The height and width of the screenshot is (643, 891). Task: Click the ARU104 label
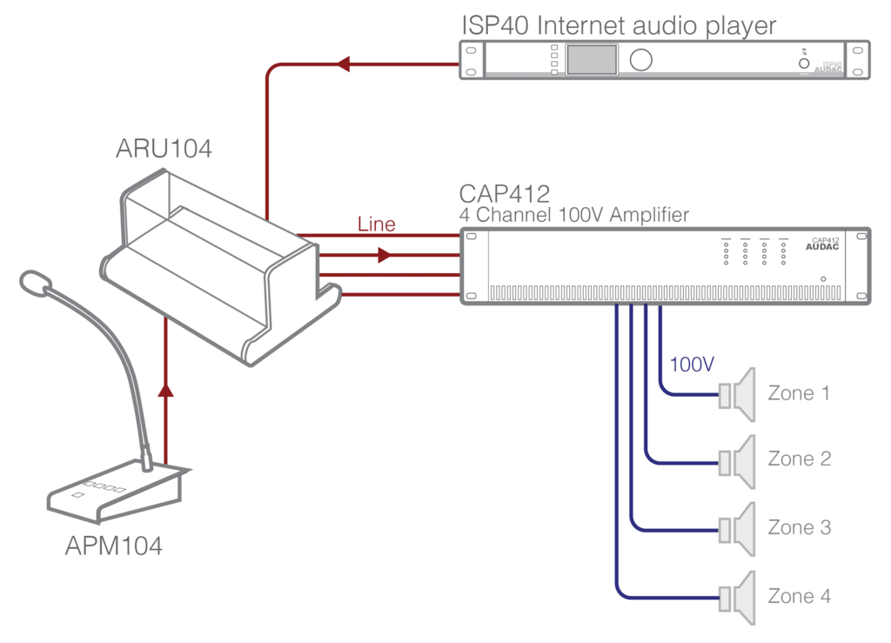(x=164, y=150)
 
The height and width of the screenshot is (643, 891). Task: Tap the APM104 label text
(x=113, y=546)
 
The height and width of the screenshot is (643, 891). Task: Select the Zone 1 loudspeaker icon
(x=738, y=394)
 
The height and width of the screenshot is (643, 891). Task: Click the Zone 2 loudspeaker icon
(x=738, y=459)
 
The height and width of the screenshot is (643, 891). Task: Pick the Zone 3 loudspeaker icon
(x=738, y=528)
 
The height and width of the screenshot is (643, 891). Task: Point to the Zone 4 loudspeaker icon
(x=738, y=597)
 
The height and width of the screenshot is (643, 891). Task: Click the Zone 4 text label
(x=799, y=596)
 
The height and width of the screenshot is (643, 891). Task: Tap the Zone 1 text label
(x=799, y=393)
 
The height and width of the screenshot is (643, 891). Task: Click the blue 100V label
(x=692, y=365)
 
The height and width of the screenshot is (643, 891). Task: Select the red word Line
(x=376, y=224)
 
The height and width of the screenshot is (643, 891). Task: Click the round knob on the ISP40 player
(x=641, y=60)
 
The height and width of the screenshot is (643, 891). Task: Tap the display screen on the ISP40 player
(x=592, y=60)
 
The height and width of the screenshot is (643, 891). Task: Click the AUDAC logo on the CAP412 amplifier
(x=822, y=248)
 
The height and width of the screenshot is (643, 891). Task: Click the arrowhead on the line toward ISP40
(x=343, y=63)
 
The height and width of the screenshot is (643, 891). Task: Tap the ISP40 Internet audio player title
(x=618, y=26)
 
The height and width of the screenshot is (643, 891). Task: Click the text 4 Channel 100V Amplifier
(x=573, y=215)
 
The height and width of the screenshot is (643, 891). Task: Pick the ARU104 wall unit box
(x=218, y=261)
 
